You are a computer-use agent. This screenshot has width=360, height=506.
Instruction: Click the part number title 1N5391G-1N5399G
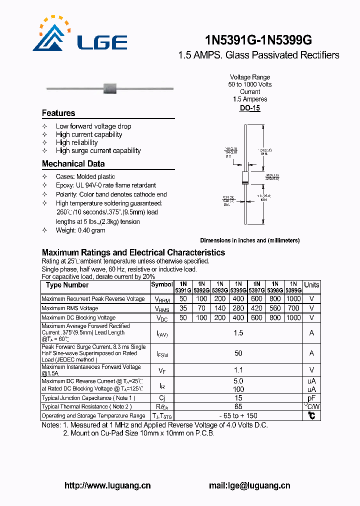pyautogui.click(x=258, y=39)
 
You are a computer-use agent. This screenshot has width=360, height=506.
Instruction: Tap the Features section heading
pyautogui.click(x=58, y=113)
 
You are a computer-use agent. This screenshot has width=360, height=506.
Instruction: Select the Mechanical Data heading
pyautogui.click(x=73, y=163)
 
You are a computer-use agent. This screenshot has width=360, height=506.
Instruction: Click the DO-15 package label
pyautogui.click(x=249, y=108)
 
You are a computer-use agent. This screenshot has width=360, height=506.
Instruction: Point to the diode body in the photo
pyautogui.click(x=109, y=89)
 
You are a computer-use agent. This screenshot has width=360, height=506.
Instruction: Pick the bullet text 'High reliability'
pyautogui.click(x=76, y=142)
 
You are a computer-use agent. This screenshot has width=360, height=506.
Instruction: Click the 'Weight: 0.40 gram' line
pyautogui.click(x=80, y=230)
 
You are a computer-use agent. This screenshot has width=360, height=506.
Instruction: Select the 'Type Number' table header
pyautogui.click(x=67, y=285)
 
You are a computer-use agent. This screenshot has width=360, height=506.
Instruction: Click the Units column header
pyautogui.click(x=311, y=285)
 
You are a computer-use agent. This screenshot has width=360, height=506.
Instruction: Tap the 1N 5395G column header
pyautogui.click(x=238, y=286)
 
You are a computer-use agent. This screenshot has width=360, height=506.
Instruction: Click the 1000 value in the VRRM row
pyautogui.click(x=293, y=298)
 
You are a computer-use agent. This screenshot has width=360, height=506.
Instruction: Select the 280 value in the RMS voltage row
pyautogui.click(x=238, y=308)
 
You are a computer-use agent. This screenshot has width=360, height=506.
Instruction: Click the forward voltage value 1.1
pyautogui.click(x=238, y=370)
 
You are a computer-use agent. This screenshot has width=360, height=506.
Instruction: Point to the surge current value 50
pyautogui.click(x=238, y=353)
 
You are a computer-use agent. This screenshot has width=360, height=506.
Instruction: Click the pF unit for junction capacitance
pyautogui.click(x=311, y=398)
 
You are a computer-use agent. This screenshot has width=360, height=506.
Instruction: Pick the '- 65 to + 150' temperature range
pyautogui.click(x=238, y=415)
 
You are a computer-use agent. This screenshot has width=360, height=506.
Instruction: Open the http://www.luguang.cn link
pyautogui.click(x=107, y=485)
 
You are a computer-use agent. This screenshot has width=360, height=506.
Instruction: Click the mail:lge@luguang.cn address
pyautogui.click(x=249, y=485)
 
